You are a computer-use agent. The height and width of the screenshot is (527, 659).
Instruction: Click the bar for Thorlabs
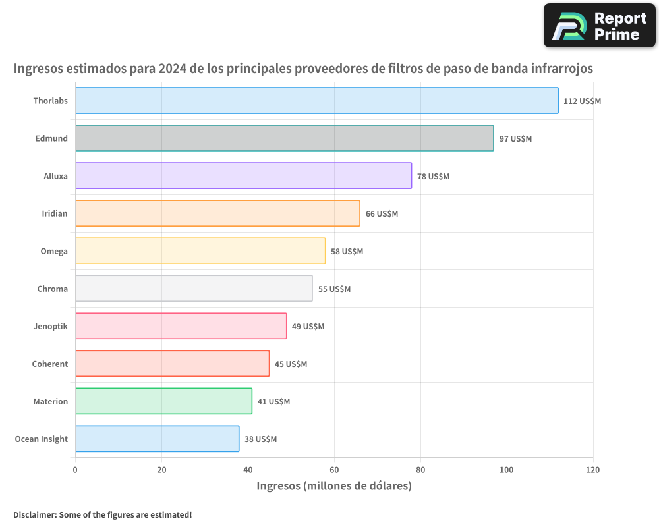(316, 101)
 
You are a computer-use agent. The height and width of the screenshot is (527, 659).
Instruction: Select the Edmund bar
(284, 138)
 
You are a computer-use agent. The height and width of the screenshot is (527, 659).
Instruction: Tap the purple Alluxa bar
(243, 176)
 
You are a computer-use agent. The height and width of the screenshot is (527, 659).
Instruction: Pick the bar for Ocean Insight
(157, 439)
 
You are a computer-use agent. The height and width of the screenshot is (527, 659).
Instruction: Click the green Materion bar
(163, 401)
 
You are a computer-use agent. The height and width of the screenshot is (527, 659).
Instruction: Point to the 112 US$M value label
(582, 101)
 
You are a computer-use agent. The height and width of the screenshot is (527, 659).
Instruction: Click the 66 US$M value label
(382, 214)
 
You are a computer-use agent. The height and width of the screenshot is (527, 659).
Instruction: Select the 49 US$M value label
(308, 327)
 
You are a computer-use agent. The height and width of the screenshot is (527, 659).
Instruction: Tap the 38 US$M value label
(260, 439)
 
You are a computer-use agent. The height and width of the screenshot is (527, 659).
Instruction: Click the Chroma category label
(52, 289)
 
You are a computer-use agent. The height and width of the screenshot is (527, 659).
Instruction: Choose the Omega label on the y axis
(53, 251)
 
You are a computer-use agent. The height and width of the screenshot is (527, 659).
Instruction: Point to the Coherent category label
(50, 364)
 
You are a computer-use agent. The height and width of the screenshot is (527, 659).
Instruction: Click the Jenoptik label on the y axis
(50, 326)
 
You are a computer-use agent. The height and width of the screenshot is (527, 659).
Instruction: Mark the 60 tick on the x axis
(334, 470)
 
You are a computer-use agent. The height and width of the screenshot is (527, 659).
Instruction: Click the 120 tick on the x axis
(592, 470)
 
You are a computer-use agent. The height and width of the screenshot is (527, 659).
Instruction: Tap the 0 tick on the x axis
(75, 470)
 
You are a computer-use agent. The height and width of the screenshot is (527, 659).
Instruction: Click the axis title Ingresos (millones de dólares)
(333, 486)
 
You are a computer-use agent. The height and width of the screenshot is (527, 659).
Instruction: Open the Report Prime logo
(599, 26)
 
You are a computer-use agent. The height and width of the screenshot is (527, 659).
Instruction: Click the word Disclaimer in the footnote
(34, 514)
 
